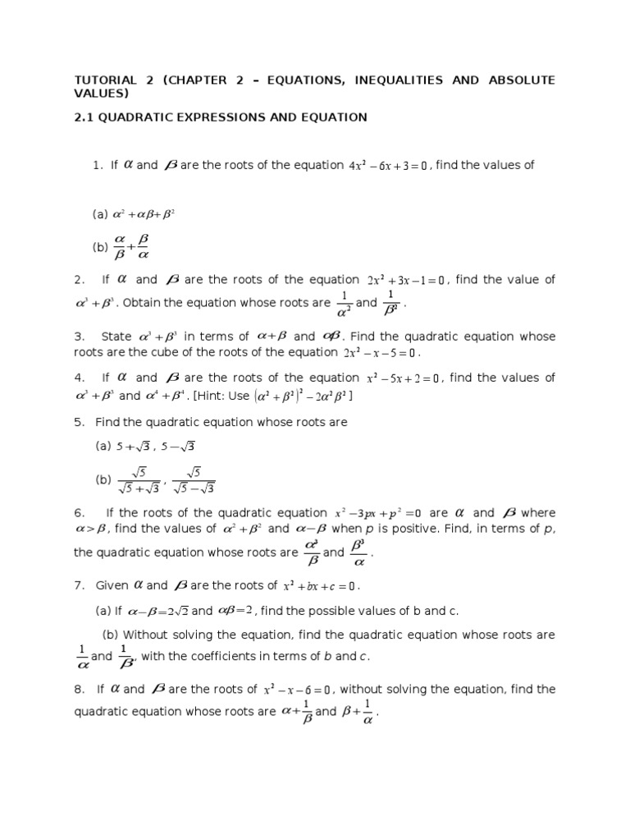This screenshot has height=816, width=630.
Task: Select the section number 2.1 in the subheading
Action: pos(85,117)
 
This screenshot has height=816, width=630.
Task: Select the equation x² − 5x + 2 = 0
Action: pos(403,378)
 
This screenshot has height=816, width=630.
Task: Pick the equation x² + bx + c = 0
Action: pos(320,586)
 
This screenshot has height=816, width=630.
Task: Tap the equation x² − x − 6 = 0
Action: pos(297,690)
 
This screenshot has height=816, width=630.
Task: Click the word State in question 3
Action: pos(116,337)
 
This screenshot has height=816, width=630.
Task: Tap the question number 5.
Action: pos(78,422)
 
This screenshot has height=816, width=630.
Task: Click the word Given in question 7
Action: pos(112,585)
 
